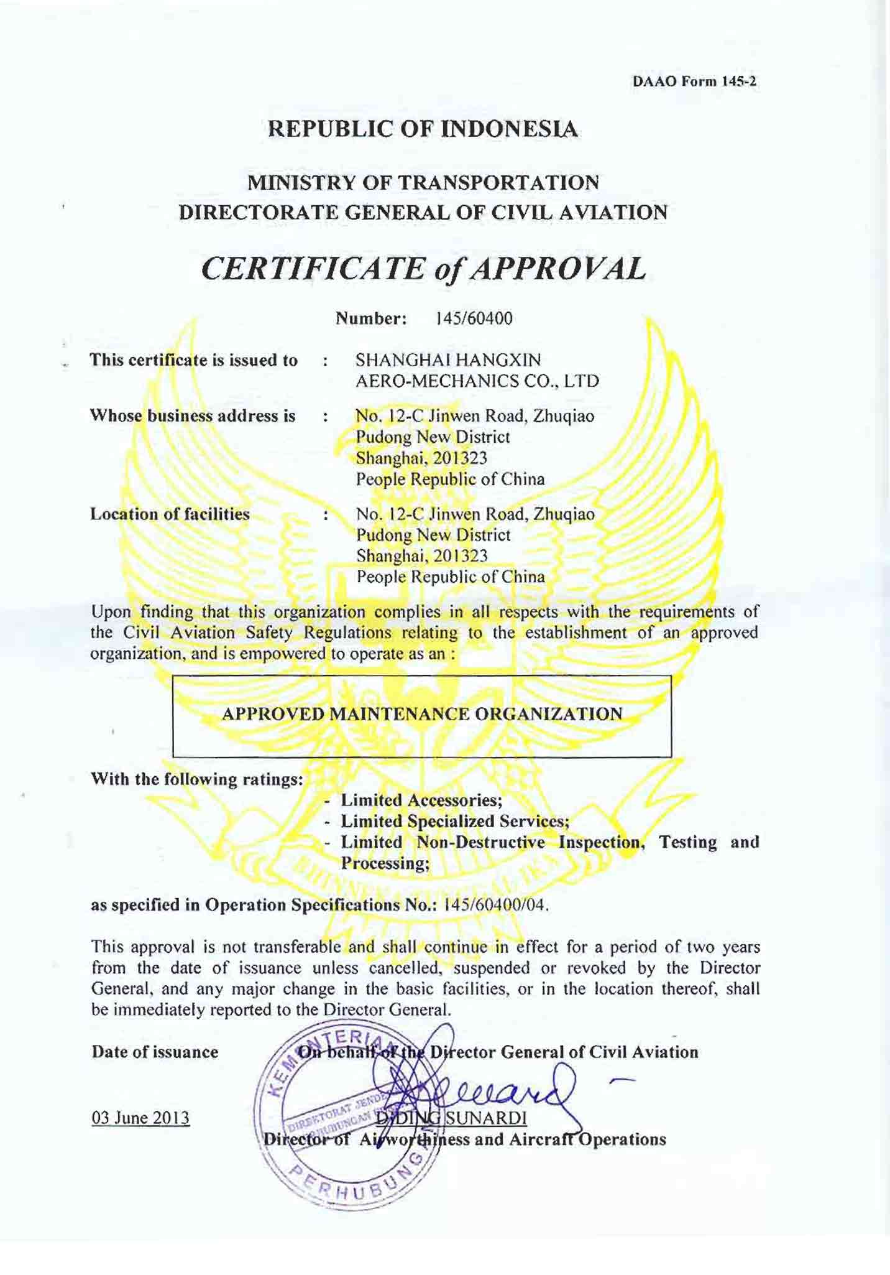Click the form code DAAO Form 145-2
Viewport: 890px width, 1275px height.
click(x=694, y=81)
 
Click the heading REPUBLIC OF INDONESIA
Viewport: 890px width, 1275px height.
click(x=423, y=129)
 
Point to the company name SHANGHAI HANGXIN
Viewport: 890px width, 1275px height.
click(x=448, y=360)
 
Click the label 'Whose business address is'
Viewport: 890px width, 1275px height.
click(x=193, y=415)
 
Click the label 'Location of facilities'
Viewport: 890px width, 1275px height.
click(x=170, y=514)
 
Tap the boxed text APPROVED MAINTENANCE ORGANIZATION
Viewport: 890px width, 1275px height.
click(x=422, y=713)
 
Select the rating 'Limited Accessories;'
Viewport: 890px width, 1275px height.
click(x=421, y=800)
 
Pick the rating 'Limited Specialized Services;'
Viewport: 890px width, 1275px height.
click(x=455, y=821)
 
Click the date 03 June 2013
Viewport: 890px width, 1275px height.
click(x=140, y=1118)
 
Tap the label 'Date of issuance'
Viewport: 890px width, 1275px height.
click(x=155, y=1052)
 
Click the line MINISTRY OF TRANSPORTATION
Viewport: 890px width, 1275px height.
click(x=423, y=183)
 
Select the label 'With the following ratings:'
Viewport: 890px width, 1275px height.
click(x=196, y=779)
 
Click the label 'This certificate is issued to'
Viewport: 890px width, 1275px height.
click(x=194, y=360)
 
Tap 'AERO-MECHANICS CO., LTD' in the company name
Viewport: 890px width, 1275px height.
click(x=477, y=381)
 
